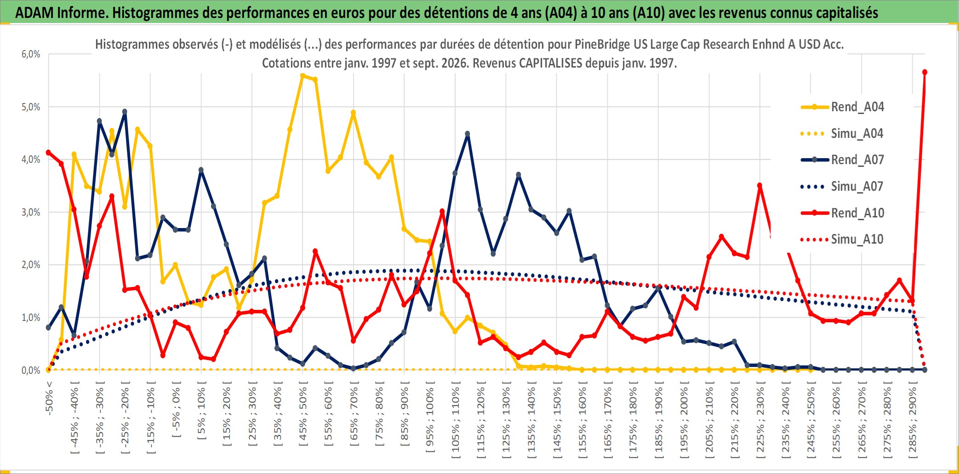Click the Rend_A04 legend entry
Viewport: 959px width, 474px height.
tap(842, 107)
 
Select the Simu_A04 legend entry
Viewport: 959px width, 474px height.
tap(842, 134)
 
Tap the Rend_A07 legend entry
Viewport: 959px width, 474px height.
tap(842, 160)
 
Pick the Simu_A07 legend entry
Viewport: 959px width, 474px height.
tap(842, 187)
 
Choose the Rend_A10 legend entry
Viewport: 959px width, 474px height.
tap(842, 213)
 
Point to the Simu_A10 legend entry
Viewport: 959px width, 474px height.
tap(842, 240)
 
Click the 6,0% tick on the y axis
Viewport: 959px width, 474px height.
tap(31, 54)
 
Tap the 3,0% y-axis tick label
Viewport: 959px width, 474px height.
tap(31, 212)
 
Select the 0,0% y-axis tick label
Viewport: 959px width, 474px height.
tap(31, 371)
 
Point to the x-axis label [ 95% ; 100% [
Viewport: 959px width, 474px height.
tap(430, 420)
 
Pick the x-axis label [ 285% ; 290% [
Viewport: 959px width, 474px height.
tap(913, 420)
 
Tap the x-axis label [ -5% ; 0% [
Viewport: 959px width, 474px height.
tap(176, 409)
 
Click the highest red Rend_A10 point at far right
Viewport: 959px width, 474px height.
tap(925, 72)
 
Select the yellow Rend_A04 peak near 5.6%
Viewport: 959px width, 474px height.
tap(303, 76)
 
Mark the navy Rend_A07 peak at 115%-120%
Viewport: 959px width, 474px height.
tap(468, 134)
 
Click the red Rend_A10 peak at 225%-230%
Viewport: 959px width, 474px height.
tap(759, 185)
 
